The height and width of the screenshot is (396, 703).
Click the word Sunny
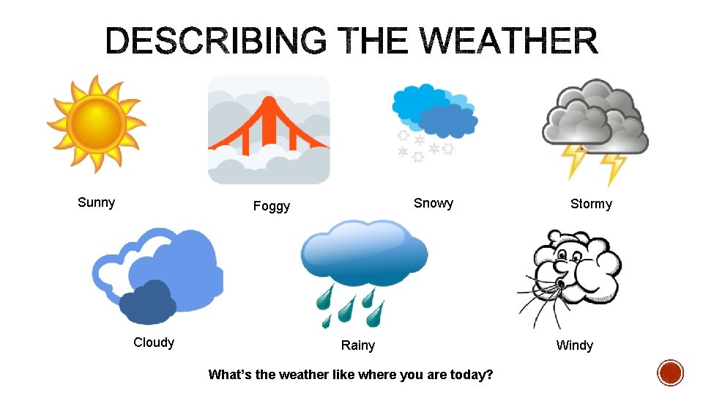coord(96,203)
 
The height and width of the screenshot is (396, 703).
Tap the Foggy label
coord(271,206)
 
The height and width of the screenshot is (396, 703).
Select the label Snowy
coord(433,203)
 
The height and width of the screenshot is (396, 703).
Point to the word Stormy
coord(591,204)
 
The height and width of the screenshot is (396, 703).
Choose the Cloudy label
coord(154,342)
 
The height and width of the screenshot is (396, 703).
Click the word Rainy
coord(357,345)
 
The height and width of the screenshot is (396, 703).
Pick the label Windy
coord(575,345)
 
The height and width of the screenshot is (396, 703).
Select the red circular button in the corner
coord(670,373)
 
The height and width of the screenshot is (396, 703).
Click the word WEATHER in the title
coord(505,41)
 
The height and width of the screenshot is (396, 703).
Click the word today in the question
coord(473,375)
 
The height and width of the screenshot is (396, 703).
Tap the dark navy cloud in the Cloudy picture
coord(147,303)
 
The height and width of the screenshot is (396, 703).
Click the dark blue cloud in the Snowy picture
coord(448,120)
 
